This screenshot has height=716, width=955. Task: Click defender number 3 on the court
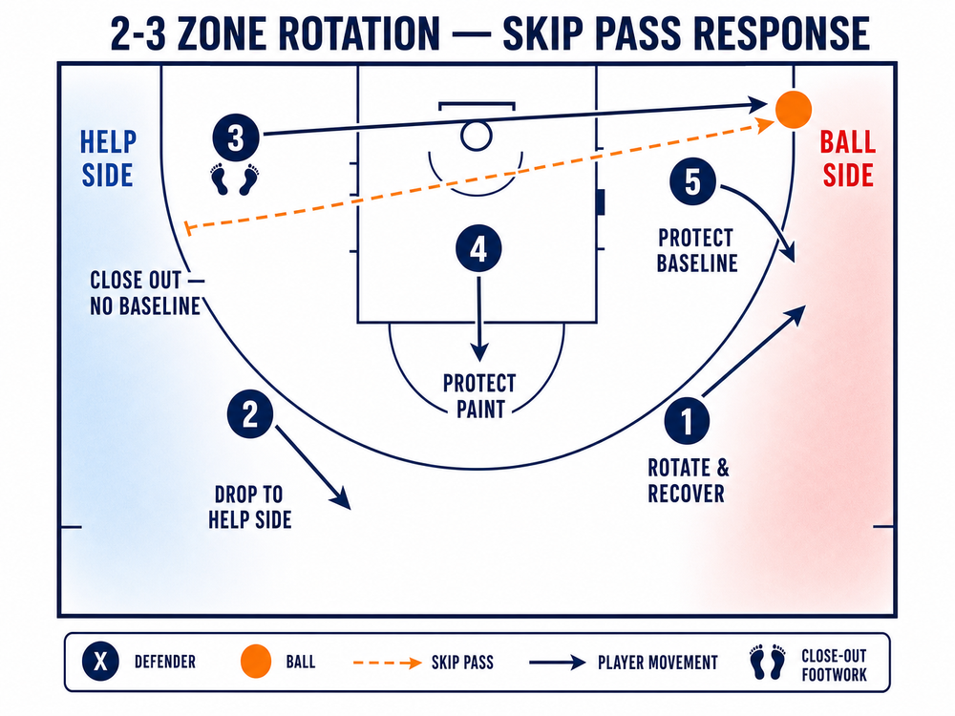tap(236, 137)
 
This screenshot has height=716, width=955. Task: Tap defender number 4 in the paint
tap(478, 248)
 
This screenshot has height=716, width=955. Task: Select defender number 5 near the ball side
tap(692, 181)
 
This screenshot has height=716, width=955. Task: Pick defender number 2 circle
tap(250, 414)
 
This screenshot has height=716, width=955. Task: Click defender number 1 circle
tap(687, 421)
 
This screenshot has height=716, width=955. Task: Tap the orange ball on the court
tap(793, 110)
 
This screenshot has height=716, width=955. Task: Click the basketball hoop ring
tap(477, 136)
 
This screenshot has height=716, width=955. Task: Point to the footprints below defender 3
tap(235, 179)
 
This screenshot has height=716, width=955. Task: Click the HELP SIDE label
tap(108, 158)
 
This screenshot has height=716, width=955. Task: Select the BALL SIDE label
tap(848, 158)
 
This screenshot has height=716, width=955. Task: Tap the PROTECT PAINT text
tap(480, 396)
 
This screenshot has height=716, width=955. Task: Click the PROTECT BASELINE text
tap(697, 250)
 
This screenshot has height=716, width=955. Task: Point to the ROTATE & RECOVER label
tap(688, 480)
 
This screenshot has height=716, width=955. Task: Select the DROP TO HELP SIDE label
tap(249, 507)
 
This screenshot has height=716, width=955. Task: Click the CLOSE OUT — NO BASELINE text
tap(146, 293)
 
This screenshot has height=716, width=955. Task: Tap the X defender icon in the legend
tap(100, 662)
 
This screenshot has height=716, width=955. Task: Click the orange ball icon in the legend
tap(256, 662)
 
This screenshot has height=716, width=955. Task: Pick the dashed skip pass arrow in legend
tap(388, 663)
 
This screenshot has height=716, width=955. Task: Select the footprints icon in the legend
tap(768, 662)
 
